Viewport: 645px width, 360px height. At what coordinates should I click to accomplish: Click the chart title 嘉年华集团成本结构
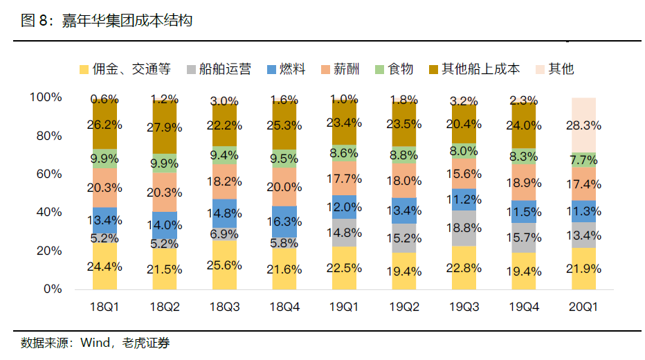pyautogui.click(x=127, y=21)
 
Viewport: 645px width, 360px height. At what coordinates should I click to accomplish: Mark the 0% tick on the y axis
pyautogui.click(x=52, y=289)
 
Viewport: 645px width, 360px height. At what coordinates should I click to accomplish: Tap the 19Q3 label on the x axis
pyautogui.click(x=464, y=307)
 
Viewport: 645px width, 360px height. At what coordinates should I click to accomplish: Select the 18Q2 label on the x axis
pyautogui.click(x=165, y=307)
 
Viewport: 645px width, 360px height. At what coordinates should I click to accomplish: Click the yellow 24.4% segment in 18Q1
pyautogui.click(x=105, y=266)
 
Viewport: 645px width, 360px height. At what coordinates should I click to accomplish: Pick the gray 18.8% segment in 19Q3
pyautogui.click(x=464, y=228)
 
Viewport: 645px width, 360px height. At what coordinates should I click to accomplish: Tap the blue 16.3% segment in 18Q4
pyautogui.click(x=284, y=222)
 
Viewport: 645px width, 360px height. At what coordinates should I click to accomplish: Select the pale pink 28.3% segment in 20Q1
pyautogui.click(x=583, y=125)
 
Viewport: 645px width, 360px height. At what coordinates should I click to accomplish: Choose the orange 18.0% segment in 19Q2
pyautogui.click(x=404, y=181)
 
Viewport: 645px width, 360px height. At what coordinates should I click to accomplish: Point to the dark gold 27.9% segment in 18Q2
pyautogui.click(x=165, y=128)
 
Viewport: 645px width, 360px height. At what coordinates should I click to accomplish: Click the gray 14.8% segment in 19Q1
pyautogui.click(x=345, y=233)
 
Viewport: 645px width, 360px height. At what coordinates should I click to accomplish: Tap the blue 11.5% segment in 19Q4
pyautogui.click(x=524, y=213)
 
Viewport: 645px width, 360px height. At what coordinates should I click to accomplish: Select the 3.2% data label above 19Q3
pyautogui.click(x=464, y=101)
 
